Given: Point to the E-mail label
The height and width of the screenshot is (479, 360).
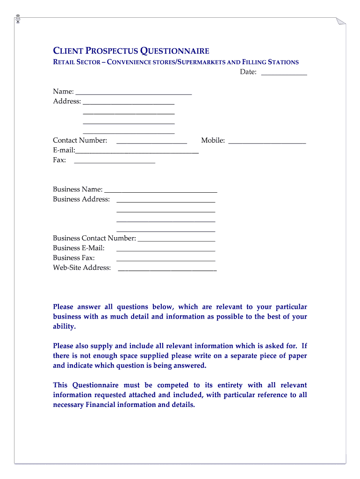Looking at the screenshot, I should coord(64,150).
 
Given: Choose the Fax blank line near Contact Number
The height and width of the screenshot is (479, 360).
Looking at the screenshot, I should coord(115,162).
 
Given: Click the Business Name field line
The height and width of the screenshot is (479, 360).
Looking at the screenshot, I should coord(161,191).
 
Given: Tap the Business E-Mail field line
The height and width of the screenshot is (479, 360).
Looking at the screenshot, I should coord(166,250).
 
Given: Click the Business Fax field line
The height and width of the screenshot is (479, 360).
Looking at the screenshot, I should coord(166,260).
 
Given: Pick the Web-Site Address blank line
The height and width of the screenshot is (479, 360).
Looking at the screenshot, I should coord(167,269).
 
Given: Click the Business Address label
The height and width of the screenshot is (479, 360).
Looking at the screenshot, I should coord(81,199).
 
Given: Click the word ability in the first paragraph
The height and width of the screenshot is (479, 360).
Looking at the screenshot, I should coord(64,327).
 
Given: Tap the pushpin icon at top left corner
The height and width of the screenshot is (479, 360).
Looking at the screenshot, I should coord(17,19).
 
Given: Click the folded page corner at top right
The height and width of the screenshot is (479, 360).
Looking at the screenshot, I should coord(341,21).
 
